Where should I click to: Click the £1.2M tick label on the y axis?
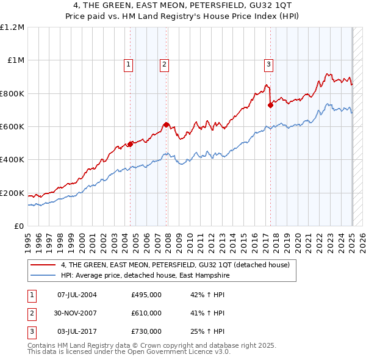tap(12, 27)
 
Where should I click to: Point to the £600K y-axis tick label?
tap(12, 127)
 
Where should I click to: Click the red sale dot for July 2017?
tap(270, 105)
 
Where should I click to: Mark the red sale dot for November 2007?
tap(167, 124)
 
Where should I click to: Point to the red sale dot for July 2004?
tap(130, 144)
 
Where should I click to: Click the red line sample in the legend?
tap(44, 265)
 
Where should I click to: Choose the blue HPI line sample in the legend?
tap(44, 275)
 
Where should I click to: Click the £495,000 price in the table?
tap(146, 295)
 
